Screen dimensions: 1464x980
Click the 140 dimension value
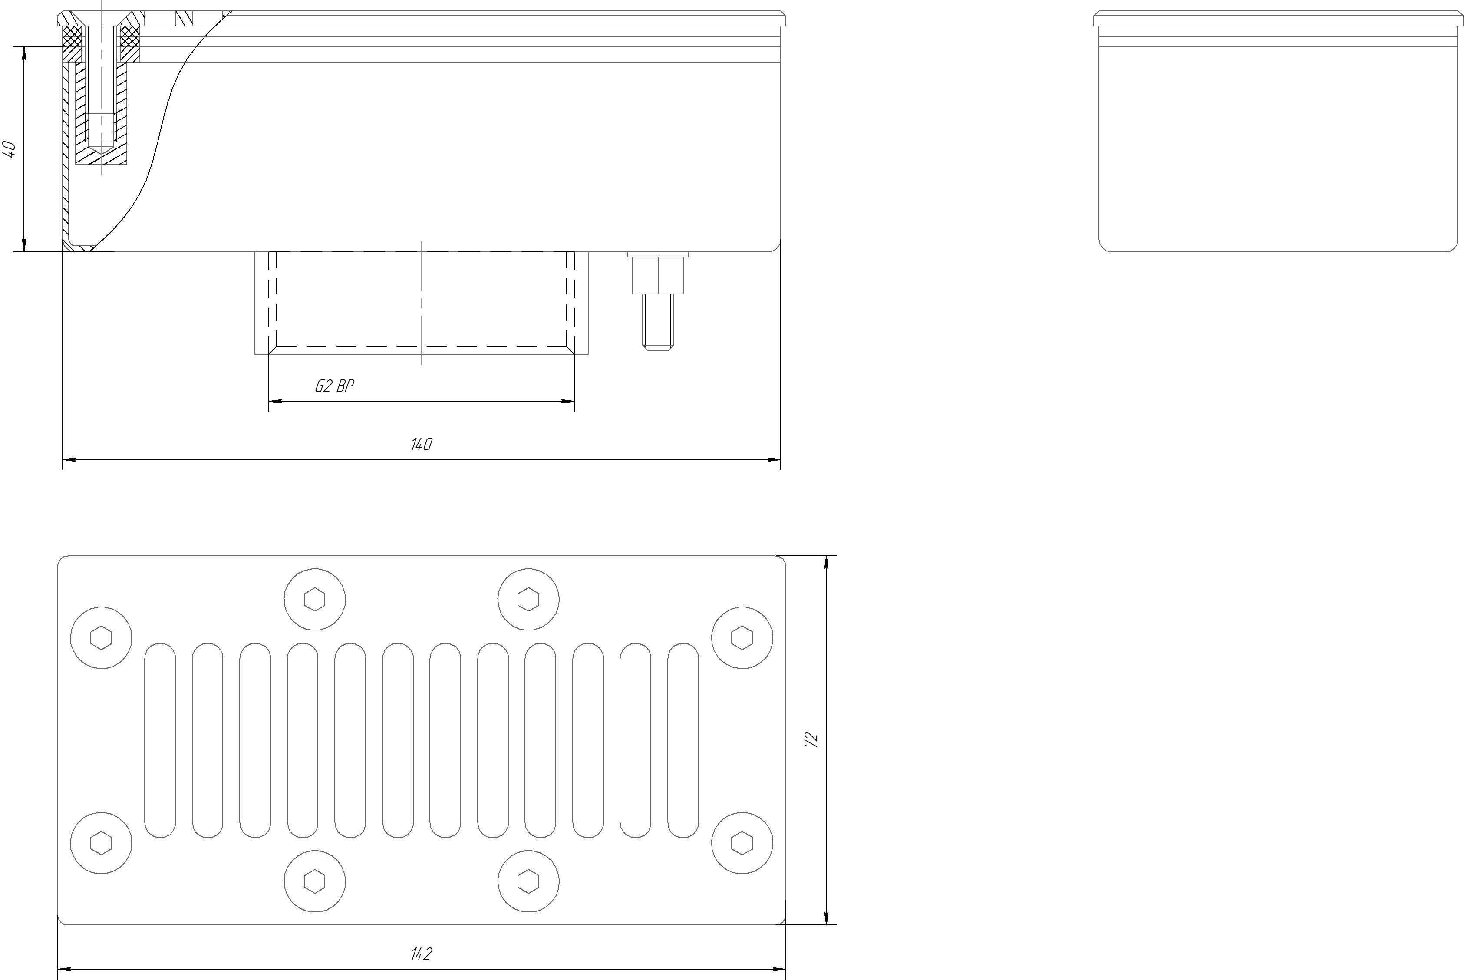click(421, 444)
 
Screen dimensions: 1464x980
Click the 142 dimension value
click(421, 954)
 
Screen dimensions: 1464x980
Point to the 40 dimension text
click(10, 149)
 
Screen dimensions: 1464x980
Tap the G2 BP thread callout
click(334, 386)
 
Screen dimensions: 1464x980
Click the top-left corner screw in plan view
click(101, 637)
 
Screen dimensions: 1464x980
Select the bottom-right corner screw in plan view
click(742, 843)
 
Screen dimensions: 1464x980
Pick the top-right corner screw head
click(742, 637)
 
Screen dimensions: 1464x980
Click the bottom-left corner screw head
click(101, 843)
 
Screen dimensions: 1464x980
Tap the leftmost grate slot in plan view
click(160, 740)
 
